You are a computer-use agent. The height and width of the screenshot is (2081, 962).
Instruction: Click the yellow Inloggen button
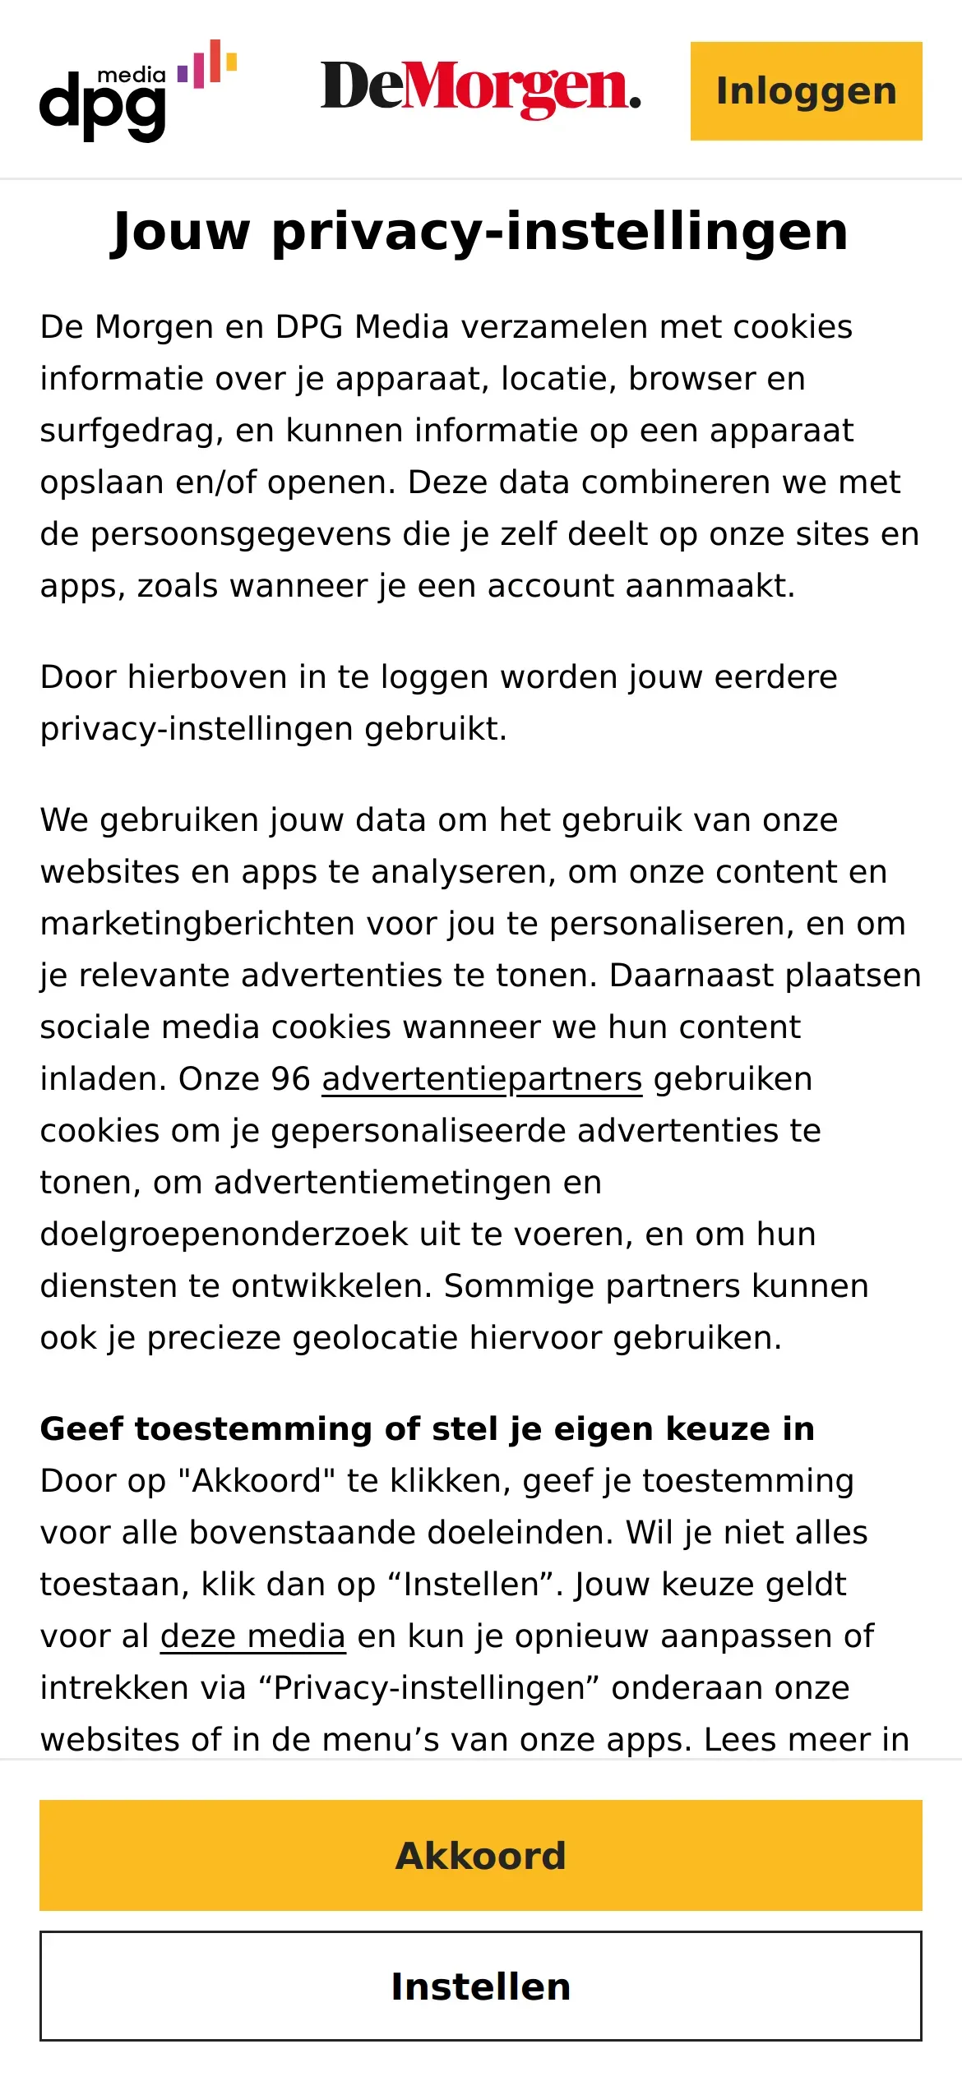click(x=806, y=91)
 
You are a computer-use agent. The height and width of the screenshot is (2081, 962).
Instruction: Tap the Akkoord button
click(x=481, y=1855)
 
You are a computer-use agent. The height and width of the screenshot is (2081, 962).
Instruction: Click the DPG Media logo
click(x=137, y=91)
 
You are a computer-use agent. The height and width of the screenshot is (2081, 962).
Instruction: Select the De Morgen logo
click(x=480, y=89)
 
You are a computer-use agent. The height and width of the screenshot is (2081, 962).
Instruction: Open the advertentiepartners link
click(x=481, y=1079)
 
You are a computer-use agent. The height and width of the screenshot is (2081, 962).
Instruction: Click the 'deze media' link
click(x=252, y=1636)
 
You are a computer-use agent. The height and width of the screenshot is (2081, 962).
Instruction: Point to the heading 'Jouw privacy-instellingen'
click(x=480, y=231)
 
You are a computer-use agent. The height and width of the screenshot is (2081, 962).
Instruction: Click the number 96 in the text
click(x=290, y=1079)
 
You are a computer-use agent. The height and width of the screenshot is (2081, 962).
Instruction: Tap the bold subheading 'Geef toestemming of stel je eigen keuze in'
click(x=427, y=1429)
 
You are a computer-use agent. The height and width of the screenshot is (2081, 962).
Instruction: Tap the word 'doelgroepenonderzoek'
click(x=224, y=1234)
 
